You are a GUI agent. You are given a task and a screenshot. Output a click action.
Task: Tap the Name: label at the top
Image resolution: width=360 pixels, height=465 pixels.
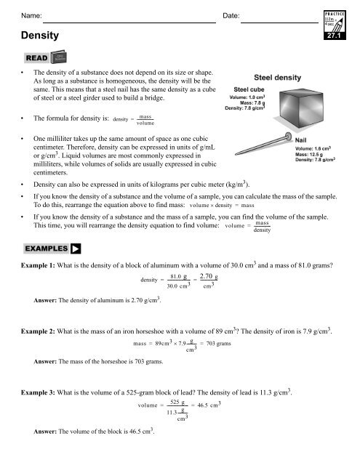(33, 15)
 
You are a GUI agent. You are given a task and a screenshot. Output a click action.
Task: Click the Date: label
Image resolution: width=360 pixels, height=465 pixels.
(231, 15)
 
